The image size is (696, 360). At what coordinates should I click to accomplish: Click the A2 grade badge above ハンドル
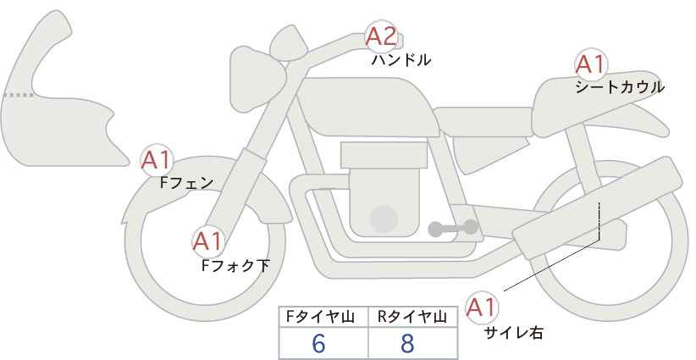(380, 36)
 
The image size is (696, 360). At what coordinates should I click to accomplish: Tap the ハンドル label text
(401, 60)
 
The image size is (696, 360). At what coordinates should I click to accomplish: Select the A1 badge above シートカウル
(589, 64)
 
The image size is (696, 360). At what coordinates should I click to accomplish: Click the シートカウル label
(620, 86)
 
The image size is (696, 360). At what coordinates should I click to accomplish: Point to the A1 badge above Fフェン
(157, 158)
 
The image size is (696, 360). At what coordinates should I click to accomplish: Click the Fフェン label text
(186, 181)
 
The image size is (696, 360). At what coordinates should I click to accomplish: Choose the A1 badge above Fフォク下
(207, 241)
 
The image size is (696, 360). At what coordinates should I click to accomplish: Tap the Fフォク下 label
(235, 265)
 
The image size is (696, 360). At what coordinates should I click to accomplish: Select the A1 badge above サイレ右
(483, 307)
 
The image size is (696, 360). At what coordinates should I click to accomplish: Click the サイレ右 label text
(513, 333)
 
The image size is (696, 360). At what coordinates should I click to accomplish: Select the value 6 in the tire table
(318, 344)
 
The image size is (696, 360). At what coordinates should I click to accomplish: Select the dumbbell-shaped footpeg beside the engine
(452, 227)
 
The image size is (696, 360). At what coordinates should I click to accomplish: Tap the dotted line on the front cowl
(16, 95)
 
